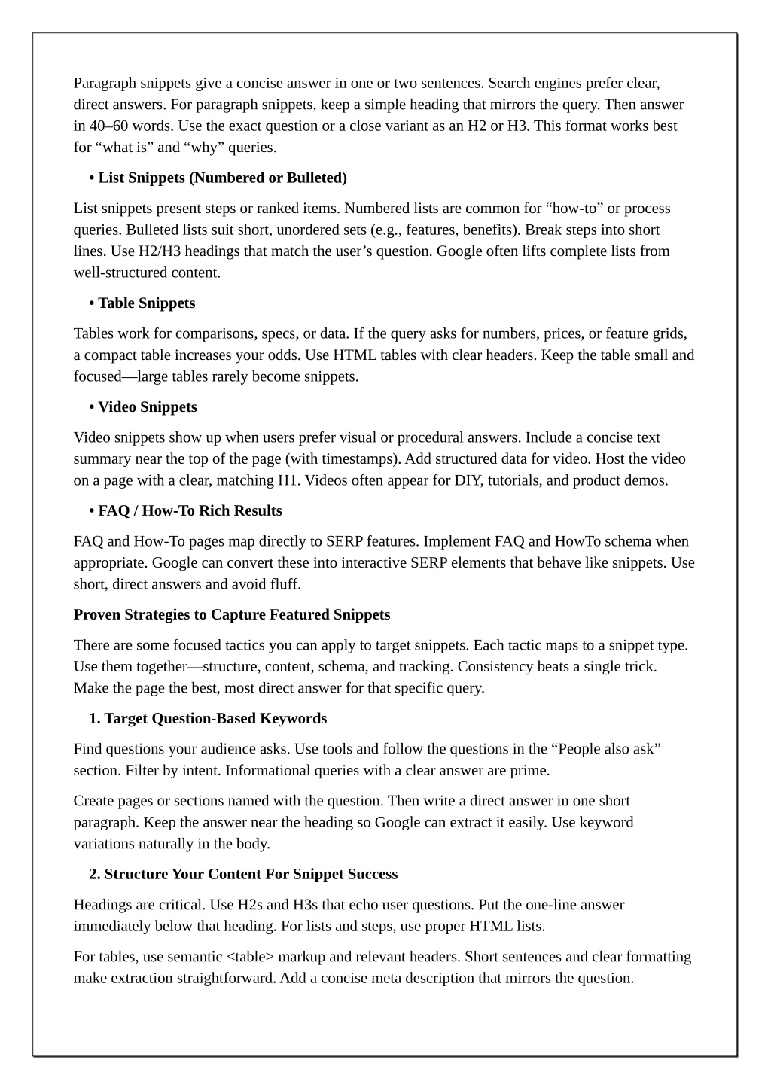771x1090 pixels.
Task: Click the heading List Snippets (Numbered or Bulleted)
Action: (222, 178)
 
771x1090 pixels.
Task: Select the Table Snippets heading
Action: (146, 303)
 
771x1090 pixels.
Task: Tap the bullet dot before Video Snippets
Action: (92, 406)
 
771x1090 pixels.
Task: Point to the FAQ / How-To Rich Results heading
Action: (190, 510)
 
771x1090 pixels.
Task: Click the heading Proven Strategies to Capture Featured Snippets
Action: (232, 614)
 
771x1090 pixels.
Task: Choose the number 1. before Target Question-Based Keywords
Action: (95, 718)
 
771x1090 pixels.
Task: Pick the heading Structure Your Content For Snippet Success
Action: (251, 874)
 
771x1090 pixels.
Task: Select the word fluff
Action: (283, 584)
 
